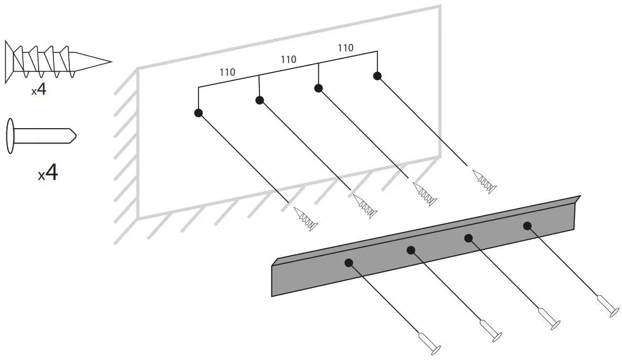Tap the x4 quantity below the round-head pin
point(48,173)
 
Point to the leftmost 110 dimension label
point(227,73)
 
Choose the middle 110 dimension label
point(288,60)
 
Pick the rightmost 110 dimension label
point(345,48)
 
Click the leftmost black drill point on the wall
point(199,113)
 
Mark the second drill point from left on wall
point(259,100)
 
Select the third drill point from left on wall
point(318,88)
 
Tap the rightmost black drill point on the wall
point(377,76)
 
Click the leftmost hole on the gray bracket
point(348,263)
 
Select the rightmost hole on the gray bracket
point(527,226)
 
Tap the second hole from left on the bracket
point(411,250)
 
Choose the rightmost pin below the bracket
point(607,305)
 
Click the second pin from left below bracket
point(490,329)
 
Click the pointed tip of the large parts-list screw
point(110,62)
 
